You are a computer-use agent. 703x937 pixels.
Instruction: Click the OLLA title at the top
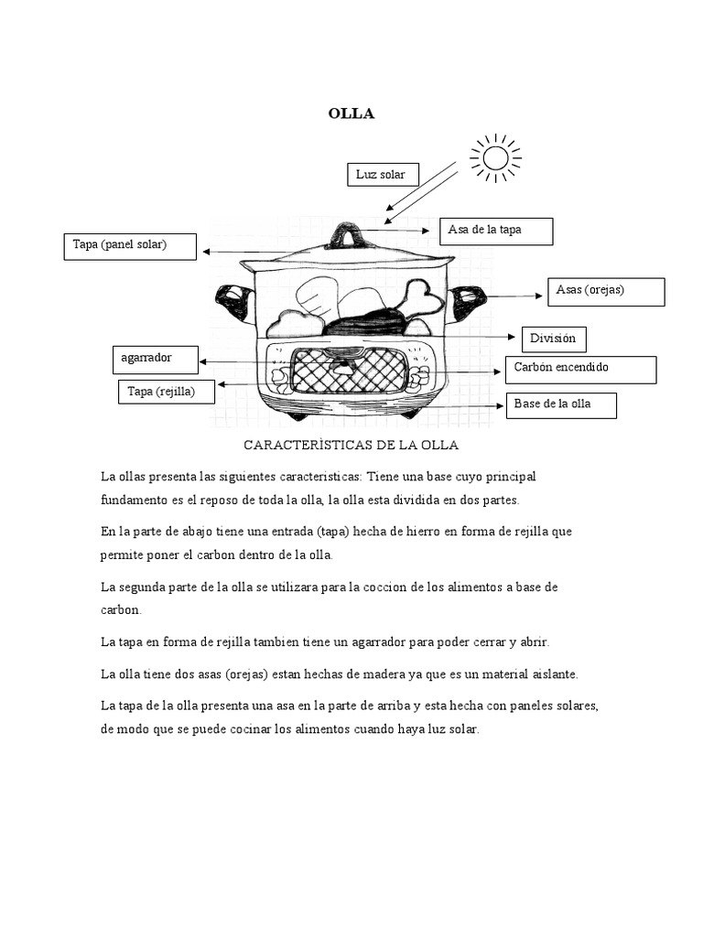(x=351, y=114)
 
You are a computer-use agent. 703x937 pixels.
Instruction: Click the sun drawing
(x=495, y=158)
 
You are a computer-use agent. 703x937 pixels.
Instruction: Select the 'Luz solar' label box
(x=383, y=175)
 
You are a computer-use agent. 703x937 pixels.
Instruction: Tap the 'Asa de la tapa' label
(x=496, y=232)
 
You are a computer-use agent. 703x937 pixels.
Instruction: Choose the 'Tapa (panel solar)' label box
(x=129, y=246)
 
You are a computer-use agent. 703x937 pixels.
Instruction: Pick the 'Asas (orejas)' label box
(x=605, y=291)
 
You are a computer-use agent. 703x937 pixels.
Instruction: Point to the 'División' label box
(x=553, y=339)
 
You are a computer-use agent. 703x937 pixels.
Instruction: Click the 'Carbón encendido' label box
(x=580, y=369)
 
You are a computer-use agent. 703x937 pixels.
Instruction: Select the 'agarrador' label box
(x=155, y=359)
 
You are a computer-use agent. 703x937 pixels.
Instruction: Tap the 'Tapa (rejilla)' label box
(x=167, y=392)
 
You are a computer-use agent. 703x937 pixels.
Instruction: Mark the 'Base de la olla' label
(x=561, y=404)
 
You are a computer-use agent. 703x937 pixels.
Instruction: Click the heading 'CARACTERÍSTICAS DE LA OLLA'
(x=351, y=445)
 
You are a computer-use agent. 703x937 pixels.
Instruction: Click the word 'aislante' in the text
(x=551, y=673)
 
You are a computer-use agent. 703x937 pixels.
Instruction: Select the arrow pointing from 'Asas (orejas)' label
(x=516, y=296)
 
